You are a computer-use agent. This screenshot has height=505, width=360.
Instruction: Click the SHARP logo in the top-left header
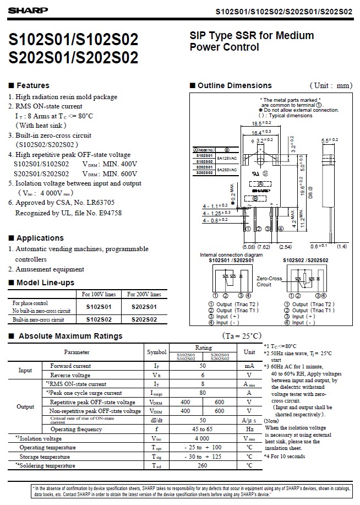point(19,10)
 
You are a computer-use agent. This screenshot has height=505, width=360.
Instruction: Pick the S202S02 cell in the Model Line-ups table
point(144,319)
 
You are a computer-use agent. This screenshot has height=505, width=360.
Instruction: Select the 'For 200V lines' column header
point(144,295)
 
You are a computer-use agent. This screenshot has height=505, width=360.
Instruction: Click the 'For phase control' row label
point(30,303)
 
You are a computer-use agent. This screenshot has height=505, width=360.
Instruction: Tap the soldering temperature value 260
point(203,465)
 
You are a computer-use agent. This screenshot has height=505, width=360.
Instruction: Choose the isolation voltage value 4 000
point(203,438)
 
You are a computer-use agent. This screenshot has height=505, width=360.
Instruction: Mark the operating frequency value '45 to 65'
point(203,429)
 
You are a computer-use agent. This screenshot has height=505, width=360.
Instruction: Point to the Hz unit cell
point(249,429)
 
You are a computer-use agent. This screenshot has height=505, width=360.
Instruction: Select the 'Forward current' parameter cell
point(70,366)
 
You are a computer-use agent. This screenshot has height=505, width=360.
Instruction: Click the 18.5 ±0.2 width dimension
point(261,124)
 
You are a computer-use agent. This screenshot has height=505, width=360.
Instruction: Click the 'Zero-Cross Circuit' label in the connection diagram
point(269,281)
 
